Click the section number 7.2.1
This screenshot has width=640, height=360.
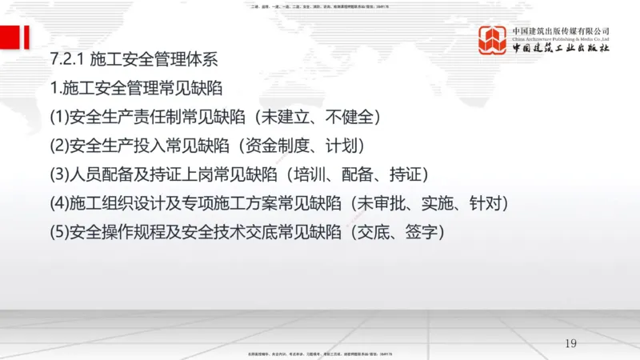pos(66,60)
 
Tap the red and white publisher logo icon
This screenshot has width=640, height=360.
pos(493,40)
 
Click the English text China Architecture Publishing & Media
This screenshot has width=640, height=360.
pos(561,38)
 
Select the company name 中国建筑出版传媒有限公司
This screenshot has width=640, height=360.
pos(561,30)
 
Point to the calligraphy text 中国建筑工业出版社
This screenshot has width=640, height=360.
pos(561,48)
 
